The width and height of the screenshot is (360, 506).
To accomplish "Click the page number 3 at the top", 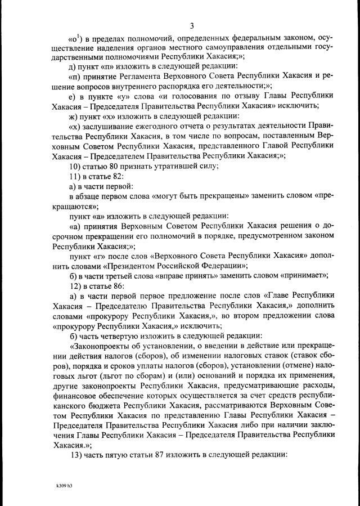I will pos(192,25).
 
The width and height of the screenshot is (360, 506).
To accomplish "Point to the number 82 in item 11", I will pos(109,176).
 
